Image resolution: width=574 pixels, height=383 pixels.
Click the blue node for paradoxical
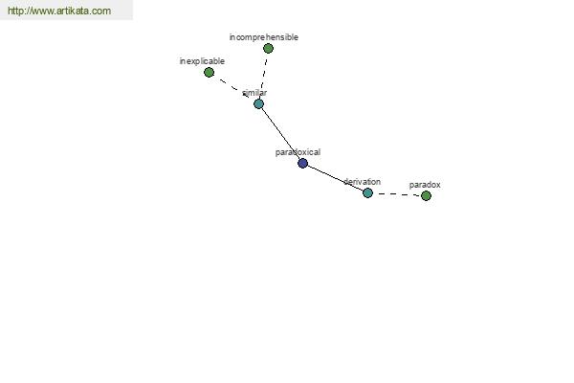[302, 163]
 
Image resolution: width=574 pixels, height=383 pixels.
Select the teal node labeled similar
[258, 103]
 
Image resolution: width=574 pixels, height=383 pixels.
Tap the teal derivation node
[367, 192]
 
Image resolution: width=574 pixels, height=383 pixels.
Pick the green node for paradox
[426, 195]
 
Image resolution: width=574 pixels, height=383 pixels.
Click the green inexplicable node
[209, 72]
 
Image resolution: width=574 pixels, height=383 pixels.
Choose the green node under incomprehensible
[268, 48]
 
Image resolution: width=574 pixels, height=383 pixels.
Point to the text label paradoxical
[298, 152]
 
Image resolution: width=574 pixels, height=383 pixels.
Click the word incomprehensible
[264, 37]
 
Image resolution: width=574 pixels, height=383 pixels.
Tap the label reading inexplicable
[202, 61]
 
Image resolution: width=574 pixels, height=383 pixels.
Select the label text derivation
[362, 181]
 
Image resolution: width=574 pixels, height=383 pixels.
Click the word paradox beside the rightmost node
[425, 185]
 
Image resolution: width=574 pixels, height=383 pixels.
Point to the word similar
[254, 93]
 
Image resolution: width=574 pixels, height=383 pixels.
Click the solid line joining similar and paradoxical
[280, 133]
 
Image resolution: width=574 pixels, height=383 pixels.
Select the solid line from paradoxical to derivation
[335, 178]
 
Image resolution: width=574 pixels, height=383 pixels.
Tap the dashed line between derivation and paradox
[397, 194]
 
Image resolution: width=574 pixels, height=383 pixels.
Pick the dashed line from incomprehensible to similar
[263, 76]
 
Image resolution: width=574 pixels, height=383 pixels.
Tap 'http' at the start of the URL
[15, 11]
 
